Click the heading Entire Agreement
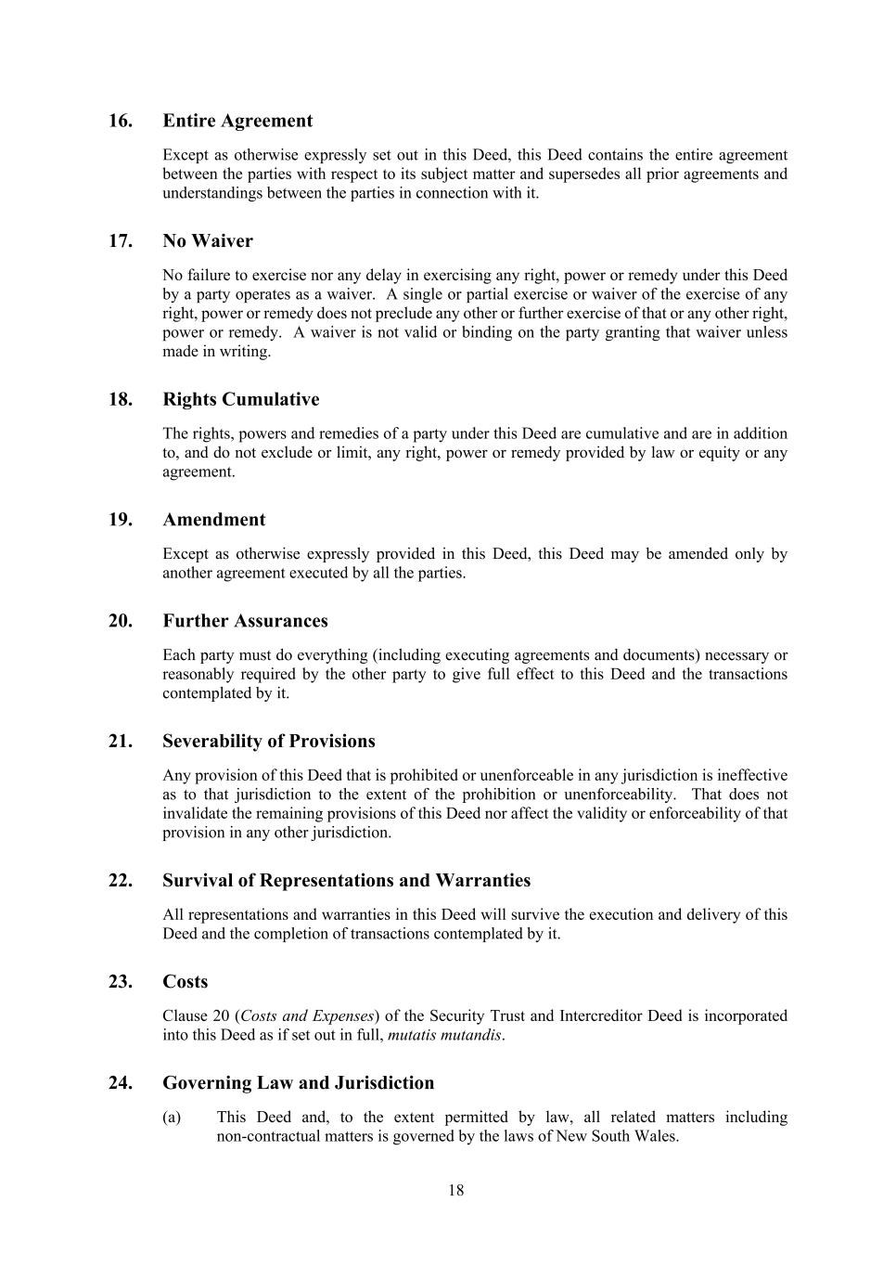pos(237,121)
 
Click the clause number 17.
pos(121,241)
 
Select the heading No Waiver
pos(208,241)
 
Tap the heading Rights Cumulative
pos(241,400)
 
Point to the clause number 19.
pos(121,520)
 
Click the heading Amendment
pos(214,520)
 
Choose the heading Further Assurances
pos(245,621)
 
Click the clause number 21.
pos(121,742)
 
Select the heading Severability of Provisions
pos(269,742)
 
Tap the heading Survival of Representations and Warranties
pos(347,881)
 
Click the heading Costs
pos(186,982)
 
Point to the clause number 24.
pos(121,1083)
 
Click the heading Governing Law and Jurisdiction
pos(299,1083)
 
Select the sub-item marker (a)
pos(172,1118)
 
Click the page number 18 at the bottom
pos(455,1191)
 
